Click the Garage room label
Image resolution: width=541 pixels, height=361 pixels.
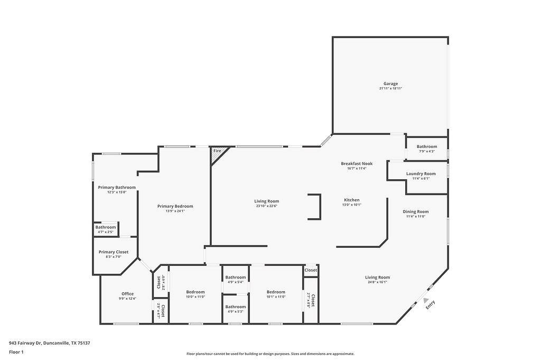click(390, 84)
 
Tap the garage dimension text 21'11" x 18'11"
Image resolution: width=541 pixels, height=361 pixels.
click(390, 89)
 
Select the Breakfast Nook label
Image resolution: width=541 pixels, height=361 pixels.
click(357, 164)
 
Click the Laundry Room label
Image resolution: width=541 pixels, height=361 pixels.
click(421, 173)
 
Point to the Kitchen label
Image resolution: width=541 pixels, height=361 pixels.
click(351, 200)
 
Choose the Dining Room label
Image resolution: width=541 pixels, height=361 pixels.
click(416, 211)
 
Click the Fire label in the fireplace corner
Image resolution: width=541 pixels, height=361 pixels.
click(217, 151)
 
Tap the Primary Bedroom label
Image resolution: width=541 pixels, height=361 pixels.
click(175, 206)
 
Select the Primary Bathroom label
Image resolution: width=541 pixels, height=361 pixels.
click(117, 187)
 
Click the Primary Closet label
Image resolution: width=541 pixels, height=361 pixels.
click(114, 252)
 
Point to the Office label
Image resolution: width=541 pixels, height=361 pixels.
click(127, 294)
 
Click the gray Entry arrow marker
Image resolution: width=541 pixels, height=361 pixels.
click(426, 300)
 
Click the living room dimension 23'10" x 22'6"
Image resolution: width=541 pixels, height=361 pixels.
click(266, 206)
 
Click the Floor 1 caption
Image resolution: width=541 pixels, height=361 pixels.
click(16, 351)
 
